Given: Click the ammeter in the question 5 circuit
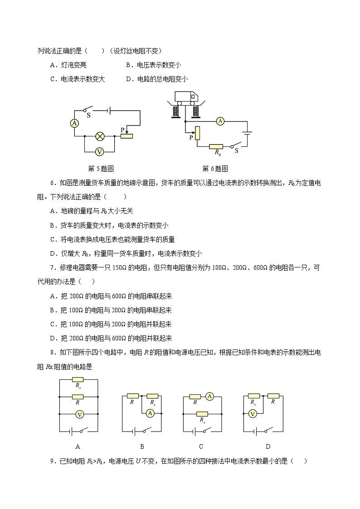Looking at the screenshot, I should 75,123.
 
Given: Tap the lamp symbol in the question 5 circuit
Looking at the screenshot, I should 100,136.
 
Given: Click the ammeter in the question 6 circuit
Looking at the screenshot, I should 220,121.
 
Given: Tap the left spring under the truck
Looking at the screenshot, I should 175,111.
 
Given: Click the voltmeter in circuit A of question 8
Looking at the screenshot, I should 79,414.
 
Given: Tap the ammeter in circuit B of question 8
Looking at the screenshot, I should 151,412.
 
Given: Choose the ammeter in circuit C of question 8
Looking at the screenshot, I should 209,396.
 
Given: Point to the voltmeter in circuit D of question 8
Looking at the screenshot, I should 253,413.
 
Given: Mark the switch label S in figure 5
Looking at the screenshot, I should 88,115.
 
